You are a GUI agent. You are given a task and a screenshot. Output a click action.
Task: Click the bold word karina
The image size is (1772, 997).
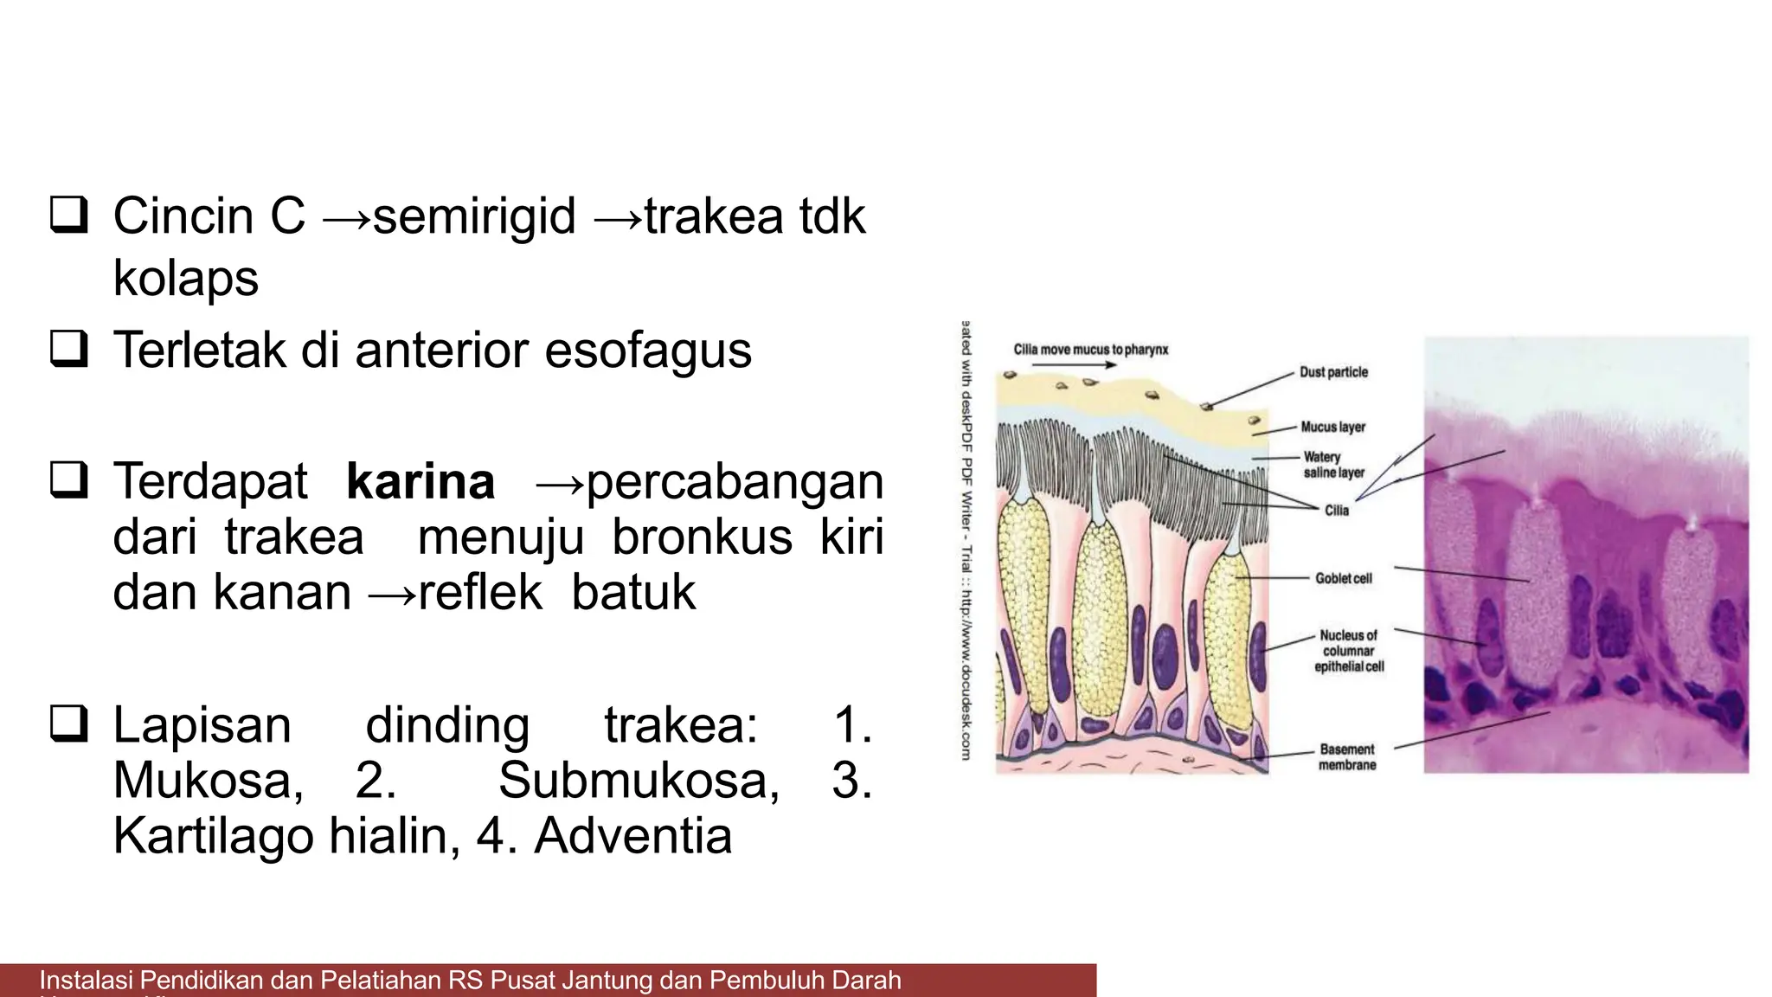[x=421, y=481]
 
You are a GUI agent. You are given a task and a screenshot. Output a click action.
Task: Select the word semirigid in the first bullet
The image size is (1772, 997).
[x=474, y=215]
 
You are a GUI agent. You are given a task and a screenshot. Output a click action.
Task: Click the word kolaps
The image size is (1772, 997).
[x=185, y=278]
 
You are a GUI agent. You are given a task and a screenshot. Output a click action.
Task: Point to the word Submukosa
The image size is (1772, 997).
[x=639, y=780]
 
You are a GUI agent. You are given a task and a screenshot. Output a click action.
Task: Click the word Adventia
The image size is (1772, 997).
[x=632, y=836]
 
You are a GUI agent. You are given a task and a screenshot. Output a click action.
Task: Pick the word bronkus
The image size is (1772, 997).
[x=702, y=537]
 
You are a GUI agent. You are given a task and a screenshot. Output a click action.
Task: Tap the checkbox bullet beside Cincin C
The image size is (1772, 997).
[x=69, y=215]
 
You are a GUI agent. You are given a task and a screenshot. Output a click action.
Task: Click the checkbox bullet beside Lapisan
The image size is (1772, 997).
[x=69, y=724]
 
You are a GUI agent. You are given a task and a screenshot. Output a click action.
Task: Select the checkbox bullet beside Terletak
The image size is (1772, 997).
[x=69, y=350]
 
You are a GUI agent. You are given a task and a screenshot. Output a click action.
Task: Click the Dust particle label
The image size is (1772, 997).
[x=1333, y=372]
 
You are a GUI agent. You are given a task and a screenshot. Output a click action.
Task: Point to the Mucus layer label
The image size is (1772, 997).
[x=1332, y=427]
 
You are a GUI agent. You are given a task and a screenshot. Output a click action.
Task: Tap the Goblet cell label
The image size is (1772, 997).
[x=1343, y=578]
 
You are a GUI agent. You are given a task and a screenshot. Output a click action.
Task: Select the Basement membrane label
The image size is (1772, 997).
[x=1346, y=756]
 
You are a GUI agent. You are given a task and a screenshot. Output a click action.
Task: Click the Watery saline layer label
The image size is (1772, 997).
[x=1333, y=465]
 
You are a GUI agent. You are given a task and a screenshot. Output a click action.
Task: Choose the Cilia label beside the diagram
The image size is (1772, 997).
[x=1337, y=511]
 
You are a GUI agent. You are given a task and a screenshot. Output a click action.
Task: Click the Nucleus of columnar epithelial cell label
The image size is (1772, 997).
[x=1348, y=651]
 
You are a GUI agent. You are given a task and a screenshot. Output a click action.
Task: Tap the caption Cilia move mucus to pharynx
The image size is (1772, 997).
[x=1090, y=350]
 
